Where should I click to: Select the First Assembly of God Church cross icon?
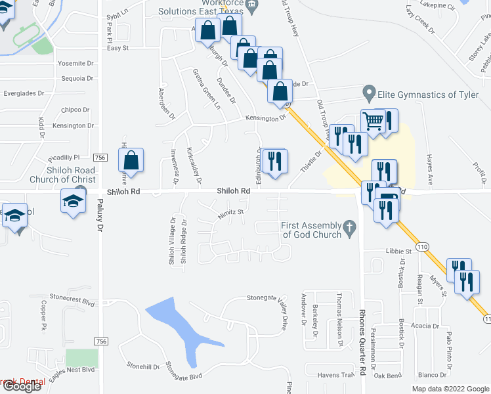tap(351, 229)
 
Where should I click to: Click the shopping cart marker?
tap(373, 121)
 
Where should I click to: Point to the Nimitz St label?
tap(231, 212)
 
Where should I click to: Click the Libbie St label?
tap(398, 251)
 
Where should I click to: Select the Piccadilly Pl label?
tap(64, 157)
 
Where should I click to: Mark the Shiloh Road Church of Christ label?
tap(62, 175)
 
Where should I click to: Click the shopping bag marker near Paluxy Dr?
tap(131, 161)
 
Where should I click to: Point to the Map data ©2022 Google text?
tap(450, 389)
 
